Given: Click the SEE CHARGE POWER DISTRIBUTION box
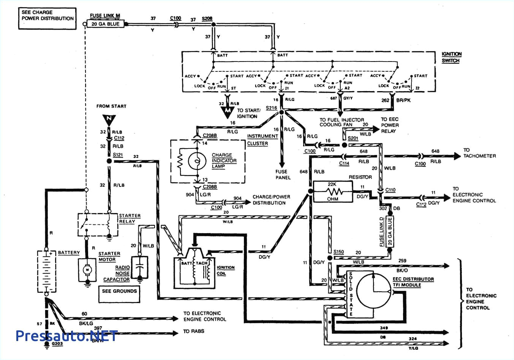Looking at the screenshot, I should pos(47,18).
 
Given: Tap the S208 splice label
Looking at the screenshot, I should pos(207,18).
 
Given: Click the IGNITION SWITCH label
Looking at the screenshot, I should pos(451,57).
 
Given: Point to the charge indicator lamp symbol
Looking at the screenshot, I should pos(197,161).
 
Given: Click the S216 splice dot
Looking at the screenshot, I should pos(282,112).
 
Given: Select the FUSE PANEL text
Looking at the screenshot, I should pos(283,174).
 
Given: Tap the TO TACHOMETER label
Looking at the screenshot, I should pos(479,153).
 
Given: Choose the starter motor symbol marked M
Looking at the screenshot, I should pos(87,270).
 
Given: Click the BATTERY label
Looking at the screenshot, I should pos(69,253).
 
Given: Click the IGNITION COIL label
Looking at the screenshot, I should pos(225,270).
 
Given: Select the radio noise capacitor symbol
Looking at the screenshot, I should pos(140,267).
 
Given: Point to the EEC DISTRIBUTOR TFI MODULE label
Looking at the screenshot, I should pos(413,282).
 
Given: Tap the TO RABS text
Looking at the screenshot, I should pos(193,331).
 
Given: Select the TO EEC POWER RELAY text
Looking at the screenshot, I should pos(389,125).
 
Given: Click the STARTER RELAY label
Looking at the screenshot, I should pos(130,218).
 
